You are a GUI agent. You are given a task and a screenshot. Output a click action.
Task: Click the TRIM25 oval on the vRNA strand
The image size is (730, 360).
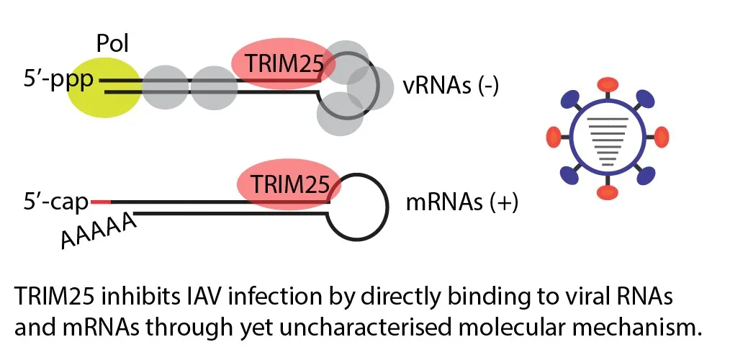pyautogui.click(x=282, y=66)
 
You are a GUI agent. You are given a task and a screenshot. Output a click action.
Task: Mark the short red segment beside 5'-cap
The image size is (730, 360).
pyautogui.click(x=100, y=202)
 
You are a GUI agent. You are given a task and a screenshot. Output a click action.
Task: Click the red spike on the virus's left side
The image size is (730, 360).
pyautogui.click(x=551, y=135)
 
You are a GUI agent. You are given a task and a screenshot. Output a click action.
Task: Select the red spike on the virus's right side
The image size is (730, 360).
pyautogui.click(x=659, y=136)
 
